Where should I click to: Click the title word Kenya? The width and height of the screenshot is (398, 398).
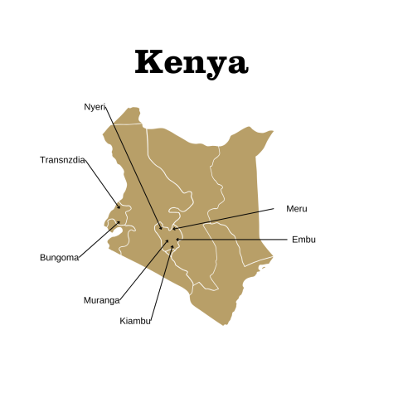tap(191, 63)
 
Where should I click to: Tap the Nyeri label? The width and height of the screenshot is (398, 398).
tap(95, 106)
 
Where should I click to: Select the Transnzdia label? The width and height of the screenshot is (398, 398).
tap(62, 159)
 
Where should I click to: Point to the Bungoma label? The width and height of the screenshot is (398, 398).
tap(59, 257)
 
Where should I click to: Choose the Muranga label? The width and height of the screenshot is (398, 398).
tap(101, 300)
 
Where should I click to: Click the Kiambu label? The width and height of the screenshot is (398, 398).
tap(135, 320)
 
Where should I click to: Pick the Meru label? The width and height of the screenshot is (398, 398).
tap(296, 209)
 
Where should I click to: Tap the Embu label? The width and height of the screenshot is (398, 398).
tap(303, 240)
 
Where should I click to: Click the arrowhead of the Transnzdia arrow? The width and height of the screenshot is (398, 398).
tap(119, 208)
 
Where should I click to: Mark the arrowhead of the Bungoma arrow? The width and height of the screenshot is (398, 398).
tap(119, 222)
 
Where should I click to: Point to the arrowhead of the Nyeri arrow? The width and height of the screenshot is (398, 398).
tap(162, 228)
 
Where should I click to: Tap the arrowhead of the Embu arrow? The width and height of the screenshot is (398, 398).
tap(177, 240)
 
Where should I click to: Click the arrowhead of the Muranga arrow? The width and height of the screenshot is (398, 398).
tap(169, 241)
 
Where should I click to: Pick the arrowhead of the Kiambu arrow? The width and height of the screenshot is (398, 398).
tap(172, 246)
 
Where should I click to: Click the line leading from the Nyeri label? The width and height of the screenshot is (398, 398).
tap(134, 166)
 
